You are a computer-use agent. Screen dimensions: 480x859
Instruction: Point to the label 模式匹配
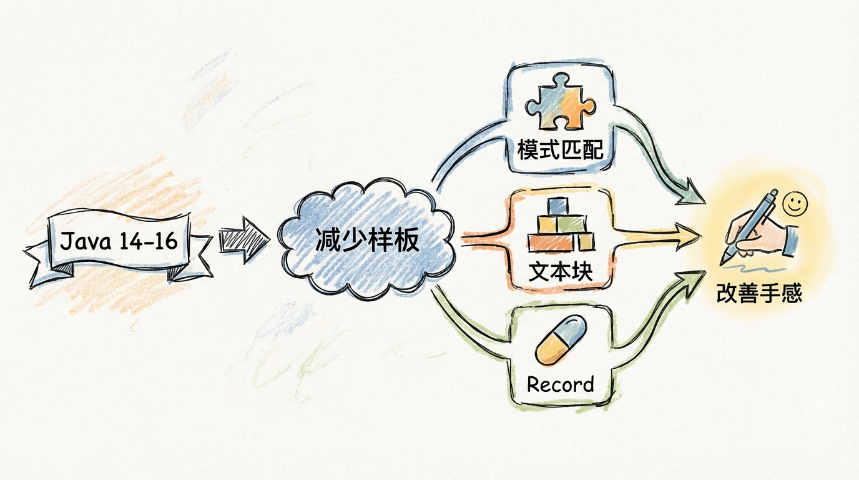click(557, 151)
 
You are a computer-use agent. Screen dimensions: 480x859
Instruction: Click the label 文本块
click(559, 271)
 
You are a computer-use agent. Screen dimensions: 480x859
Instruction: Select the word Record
click(560, 383)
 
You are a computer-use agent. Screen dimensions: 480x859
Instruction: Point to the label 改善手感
click(758, 293)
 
